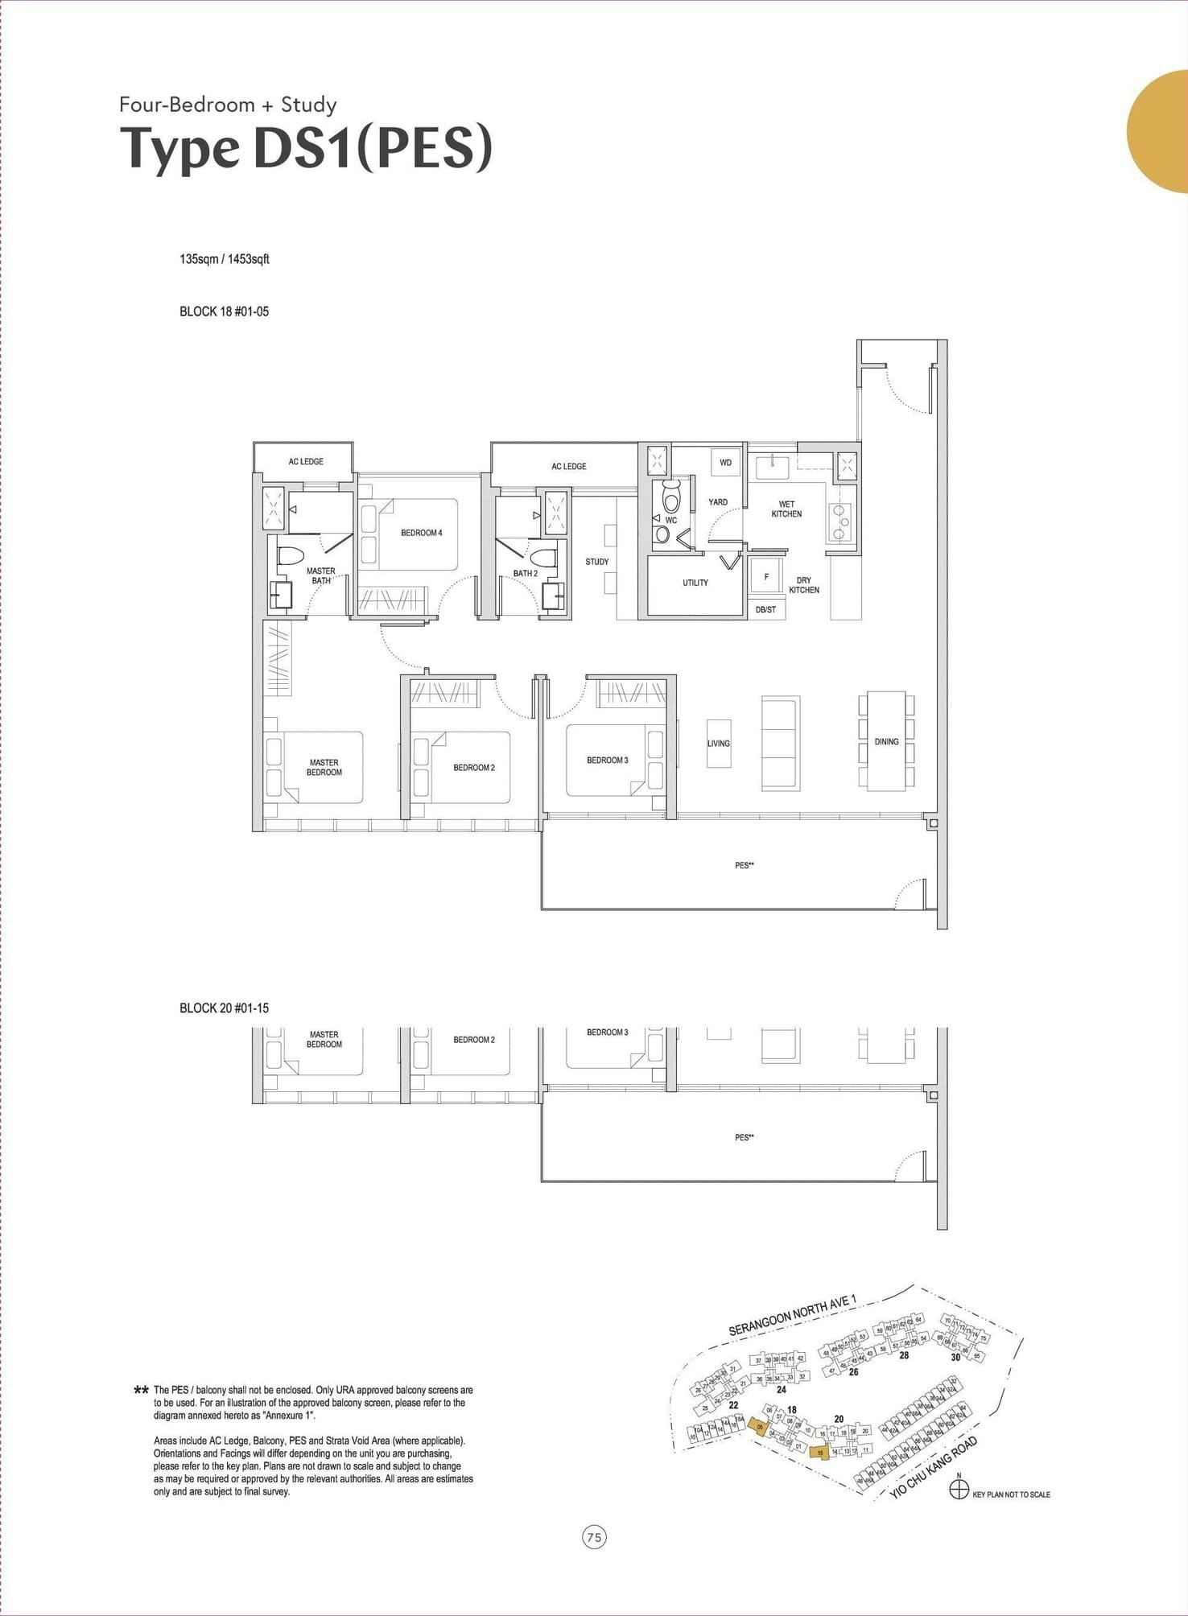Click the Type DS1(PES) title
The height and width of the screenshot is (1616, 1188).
pyautogui.click(x=306, y=149)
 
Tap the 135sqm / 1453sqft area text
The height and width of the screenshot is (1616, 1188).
pyautogui.click(x=225, y=259)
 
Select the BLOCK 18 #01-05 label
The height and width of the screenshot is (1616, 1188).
pyautogui.click(x=224, y=311)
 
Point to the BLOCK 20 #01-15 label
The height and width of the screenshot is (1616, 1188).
pyautogui.click(x=224, y=1008)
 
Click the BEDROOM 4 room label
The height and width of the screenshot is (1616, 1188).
pyautogui.click(x=422, y=533)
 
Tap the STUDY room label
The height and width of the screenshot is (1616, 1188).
pyautogui.click(x=597, y=562)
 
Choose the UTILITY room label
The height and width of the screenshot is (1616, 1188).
pyautogui.click(x=695, y=583)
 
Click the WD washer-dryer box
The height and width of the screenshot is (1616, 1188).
pyautogui.click(x=725, y=463)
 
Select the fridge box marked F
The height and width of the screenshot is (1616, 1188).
pyautogui.click(x=766, y=576)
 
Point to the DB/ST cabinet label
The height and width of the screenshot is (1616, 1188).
pyautogui.click(x=766, y=610)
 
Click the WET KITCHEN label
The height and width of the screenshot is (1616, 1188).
pyautogui.click(x=786, y=509)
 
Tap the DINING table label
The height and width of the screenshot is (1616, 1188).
pyautogui.click(x=886, y=741)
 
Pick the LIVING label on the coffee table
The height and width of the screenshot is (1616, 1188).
pyautogui.click(x=719, y=744)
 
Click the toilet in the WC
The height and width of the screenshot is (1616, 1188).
pyautogui.click(x=671, y=496)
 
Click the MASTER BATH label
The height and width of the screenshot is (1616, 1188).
pyautogui.click(x=321, y=575)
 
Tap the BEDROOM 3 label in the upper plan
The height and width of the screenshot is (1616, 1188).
pyautogui.click(x=608, y=761)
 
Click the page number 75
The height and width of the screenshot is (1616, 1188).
pyautogui.click(x=594, y=1538)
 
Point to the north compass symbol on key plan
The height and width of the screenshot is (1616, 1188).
pyautogui.click(x=959, y=1490)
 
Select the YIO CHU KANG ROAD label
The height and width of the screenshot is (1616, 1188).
pyautogui.click(x=934, y=1466)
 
